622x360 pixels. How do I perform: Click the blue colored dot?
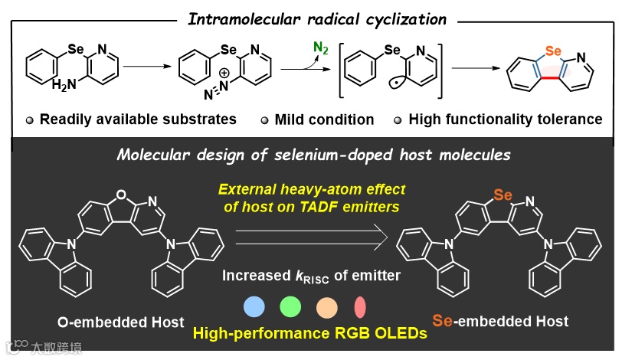click(x=254, y=308)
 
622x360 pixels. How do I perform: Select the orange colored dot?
click(x=326, y=308)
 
